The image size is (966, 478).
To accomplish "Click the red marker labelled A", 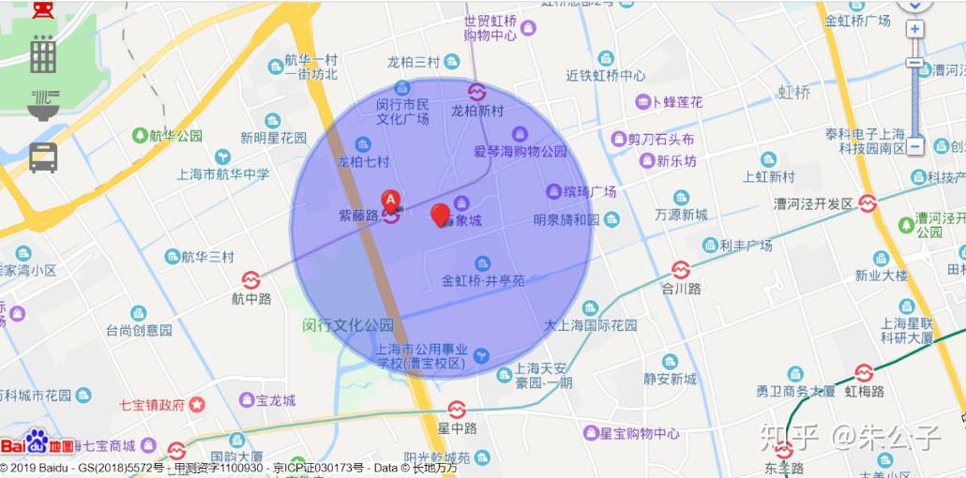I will click(391, 200).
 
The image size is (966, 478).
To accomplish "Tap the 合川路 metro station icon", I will click(681, 270).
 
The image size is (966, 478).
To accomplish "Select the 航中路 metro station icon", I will click(250, 280).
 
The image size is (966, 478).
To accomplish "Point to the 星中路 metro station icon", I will click(457, 410).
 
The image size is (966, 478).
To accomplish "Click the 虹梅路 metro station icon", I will click(864, 372).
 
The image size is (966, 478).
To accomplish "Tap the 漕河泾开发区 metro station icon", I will click(868, 203).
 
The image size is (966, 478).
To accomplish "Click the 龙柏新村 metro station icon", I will click(476, 92).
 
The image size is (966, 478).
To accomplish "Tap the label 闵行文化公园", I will click(348, 325).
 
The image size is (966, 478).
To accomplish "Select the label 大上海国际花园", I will click(591, 325).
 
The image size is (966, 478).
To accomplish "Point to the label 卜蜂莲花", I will click(677, 102).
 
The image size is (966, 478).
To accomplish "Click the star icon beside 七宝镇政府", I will click(197, 405).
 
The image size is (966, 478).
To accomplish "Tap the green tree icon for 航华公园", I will click(140, 136).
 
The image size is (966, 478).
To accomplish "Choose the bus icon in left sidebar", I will click(43, 157).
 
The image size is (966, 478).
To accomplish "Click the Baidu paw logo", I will click(37, 441).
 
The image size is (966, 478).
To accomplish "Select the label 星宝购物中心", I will click(640, 433).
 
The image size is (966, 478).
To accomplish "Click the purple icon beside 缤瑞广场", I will click(553, 191).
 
